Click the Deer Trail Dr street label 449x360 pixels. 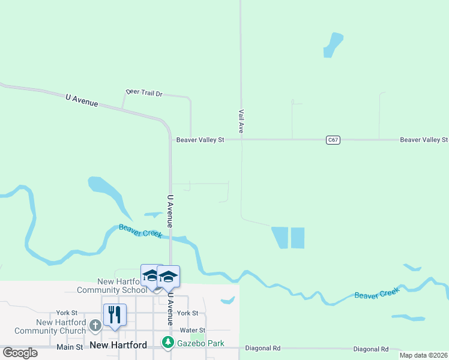pos(144,94)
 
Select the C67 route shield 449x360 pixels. pos(334,140)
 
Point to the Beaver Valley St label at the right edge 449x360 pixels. pos(424,140)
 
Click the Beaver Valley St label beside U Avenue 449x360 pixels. pos(200,140)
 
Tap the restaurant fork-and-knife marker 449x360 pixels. pos(115,314)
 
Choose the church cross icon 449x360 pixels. pos(95,326)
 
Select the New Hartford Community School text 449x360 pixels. pos(111,286)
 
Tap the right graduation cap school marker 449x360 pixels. pos(168,277)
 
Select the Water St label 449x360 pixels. pos(193,331)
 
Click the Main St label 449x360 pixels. pos(70,347)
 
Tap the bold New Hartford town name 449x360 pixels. pos(119,345)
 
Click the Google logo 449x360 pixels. pos(20,352)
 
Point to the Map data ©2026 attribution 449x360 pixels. pos(423,355)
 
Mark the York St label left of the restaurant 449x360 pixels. pos(67,313)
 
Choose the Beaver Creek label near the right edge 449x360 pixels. pos(376,294)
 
